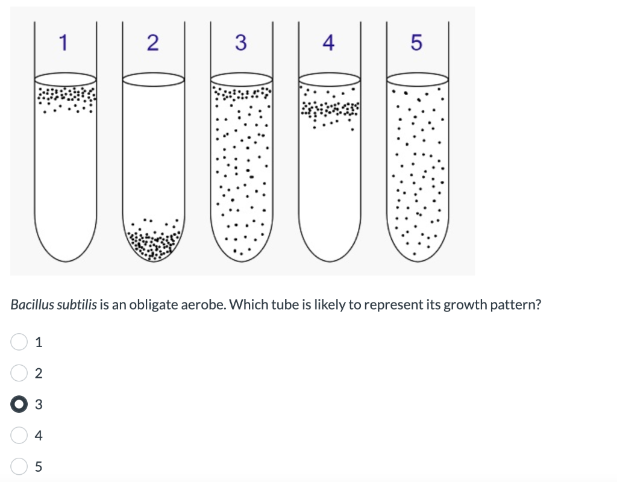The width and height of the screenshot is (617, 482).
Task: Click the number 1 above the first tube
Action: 64,42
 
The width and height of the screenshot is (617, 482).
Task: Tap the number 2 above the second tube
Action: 152,43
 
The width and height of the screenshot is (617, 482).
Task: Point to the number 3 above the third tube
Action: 241,43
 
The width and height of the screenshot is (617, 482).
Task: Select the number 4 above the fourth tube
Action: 328,43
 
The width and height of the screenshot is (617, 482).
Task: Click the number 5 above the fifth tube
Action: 416,43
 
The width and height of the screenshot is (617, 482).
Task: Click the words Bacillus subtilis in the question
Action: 51,305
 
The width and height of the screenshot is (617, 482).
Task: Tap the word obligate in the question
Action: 151,305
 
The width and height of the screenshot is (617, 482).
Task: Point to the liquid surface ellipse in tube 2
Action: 154,80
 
